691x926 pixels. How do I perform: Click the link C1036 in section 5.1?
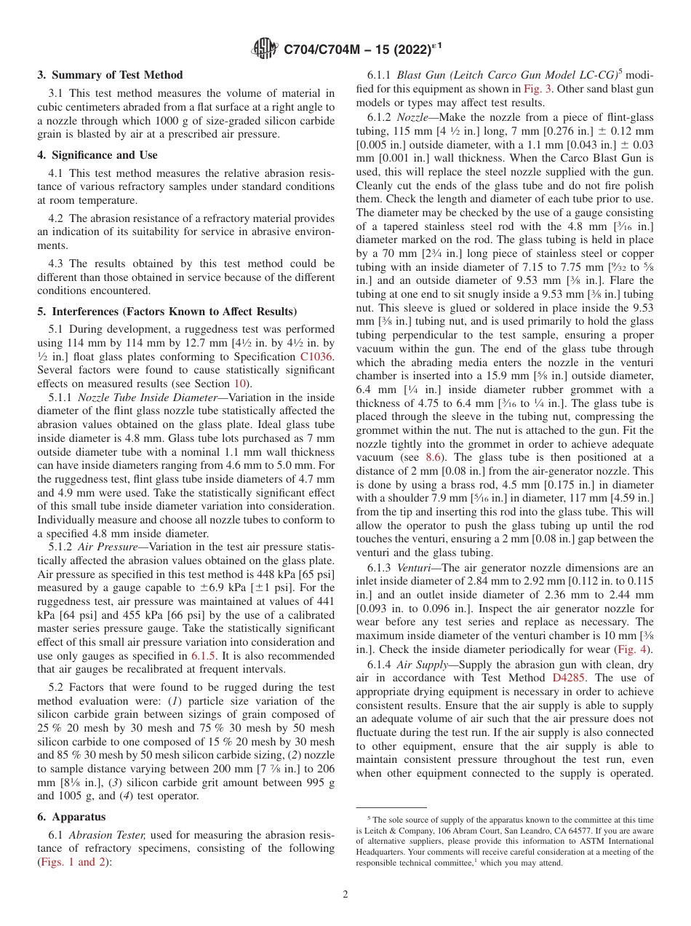point(317,356)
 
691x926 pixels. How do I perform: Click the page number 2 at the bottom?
point(345,894)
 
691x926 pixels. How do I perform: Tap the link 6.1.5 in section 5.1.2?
point(203,654)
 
